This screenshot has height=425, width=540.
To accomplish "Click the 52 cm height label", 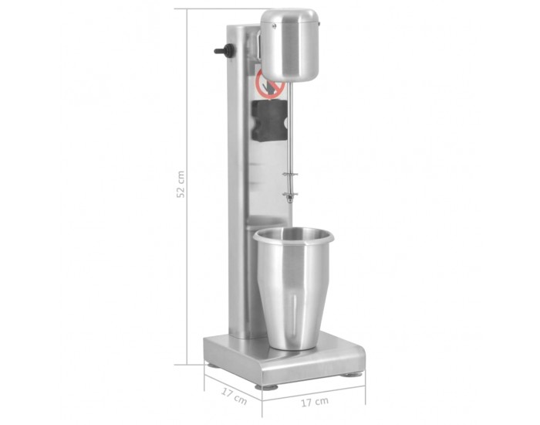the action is pos(181,184).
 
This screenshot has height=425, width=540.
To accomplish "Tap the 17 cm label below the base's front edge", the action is pos(315,402).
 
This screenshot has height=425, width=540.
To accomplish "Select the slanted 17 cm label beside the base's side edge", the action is pos(234,396).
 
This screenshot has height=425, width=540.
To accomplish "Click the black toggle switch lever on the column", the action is pos(224,50).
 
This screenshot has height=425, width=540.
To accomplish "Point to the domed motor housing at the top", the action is pos(289,45).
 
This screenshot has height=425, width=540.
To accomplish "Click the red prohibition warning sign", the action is pos(270,84).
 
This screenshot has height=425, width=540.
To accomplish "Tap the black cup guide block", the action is pos(269,121).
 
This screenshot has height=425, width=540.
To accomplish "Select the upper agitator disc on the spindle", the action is pos(290,175).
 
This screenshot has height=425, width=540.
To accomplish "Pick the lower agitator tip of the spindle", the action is pos(290,196).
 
